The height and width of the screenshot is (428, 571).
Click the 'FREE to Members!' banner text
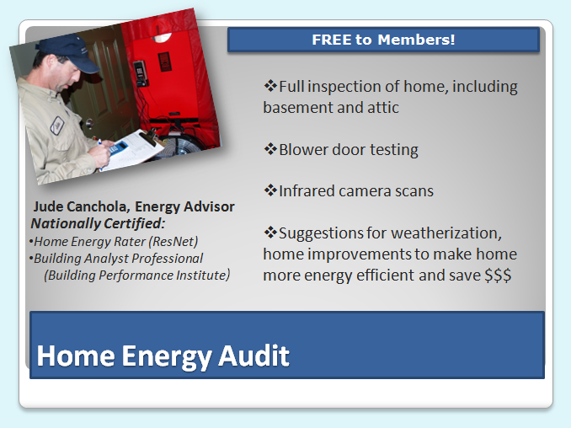[x=383, y=40]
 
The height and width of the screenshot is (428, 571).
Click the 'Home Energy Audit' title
[x=163, y=356]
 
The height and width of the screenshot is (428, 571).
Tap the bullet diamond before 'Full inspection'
[x=270, y=86]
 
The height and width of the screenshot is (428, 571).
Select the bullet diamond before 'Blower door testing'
[x=270, y=149]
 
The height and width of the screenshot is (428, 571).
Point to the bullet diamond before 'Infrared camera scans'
[x=270, y=190]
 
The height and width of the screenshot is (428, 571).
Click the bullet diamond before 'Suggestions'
[x=270, y=232]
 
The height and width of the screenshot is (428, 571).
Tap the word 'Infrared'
[x=311, y=191]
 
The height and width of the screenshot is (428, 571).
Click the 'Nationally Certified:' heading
[x=98, y=224]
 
